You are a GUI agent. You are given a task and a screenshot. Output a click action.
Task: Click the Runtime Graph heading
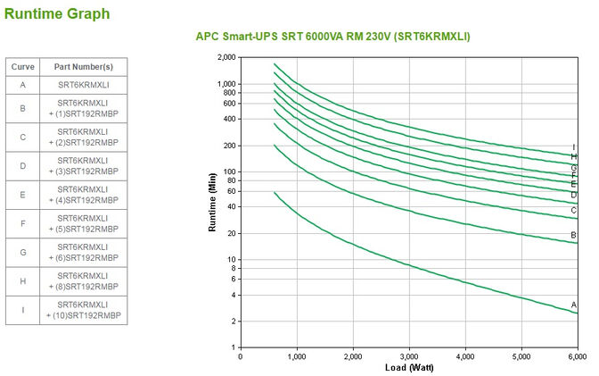click(x=57, y=13)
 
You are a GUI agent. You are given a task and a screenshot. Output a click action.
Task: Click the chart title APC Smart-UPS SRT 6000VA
click(x=332, y=37)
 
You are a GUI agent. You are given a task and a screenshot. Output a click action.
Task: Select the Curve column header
click(x=21, y=67)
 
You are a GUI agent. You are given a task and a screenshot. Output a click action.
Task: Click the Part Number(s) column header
click(x=82, y=67)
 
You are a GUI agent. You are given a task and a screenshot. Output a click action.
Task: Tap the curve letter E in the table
click(x=21, y=194)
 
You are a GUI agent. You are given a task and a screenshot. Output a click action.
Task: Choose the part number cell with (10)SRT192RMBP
click(x=82, y=311)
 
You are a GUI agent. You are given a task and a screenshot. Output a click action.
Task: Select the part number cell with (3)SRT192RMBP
click(x=82, y=166)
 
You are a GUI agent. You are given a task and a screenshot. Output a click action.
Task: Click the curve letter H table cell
click(x=21, y=280)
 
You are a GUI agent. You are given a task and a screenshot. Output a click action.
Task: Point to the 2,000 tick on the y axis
click(x=226, y=57)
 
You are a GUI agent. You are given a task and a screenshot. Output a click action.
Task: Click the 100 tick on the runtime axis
click(x=230, y=171)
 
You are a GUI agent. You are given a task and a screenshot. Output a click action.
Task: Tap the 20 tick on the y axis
click(x=232, y=233)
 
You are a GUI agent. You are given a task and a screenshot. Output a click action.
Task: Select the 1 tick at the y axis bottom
click(x=234, y=347)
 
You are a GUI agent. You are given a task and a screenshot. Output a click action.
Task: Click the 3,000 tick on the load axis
click(x=409, y=356)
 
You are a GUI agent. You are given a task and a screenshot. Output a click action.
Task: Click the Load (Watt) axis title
click(x=409, y=367)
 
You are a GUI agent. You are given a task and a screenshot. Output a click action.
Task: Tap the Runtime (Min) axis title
click(x=212, y=203)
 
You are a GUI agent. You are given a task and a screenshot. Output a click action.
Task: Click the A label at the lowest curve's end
click(x=574, y=305)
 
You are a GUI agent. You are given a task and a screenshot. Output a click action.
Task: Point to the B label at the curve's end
click(x=574, y=235)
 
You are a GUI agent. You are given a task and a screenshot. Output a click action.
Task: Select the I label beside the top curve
click(x=574, y=147)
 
